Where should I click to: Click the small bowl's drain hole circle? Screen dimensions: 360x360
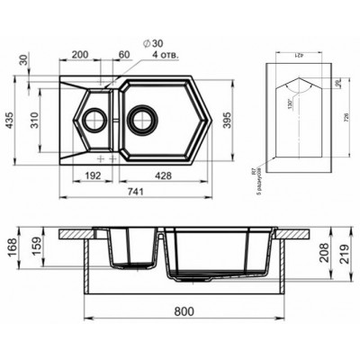[x=93, y=118]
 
